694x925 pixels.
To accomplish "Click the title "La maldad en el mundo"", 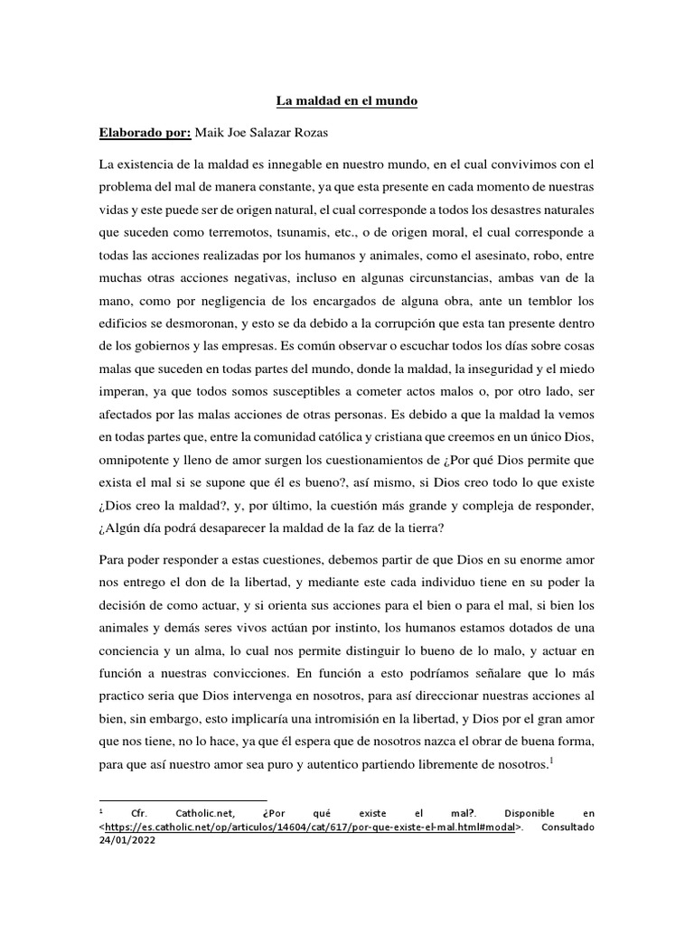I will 347,102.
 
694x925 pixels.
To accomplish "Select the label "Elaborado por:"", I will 145,133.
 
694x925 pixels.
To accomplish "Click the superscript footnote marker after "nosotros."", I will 551,761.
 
